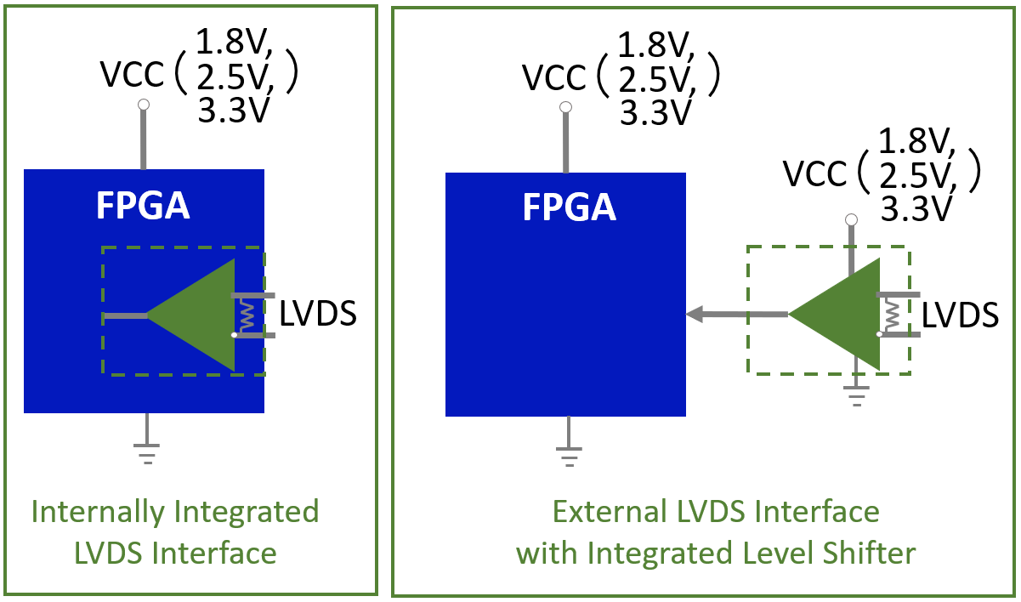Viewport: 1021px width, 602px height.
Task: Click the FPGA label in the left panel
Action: [143, 206]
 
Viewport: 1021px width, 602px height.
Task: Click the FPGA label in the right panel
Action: [569, 207]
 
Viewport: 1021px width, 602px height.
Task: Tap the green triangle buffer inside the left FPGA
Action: [201, 315]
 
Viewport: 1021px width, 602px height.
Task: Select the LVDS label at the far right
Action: [961, 315]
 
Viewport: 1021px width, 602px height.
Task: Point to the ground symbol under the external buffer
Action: [856, 395]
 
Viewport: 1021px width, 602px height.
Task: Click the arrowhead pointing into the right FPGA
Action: [695, 315]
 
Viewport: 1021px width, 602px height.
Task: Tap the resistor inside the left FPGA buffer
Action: [247, 316]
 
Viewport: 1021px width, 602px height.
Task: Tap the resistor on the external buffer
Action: [891, 315]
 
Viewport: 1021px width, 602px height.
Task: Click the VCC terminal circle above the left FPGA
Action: [144, 105]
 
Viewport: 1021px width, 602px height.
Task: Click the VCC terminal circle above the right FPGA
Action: [565, 108]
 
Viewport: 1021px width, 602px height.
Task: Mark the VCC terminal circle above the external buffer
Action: [850, 220]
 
